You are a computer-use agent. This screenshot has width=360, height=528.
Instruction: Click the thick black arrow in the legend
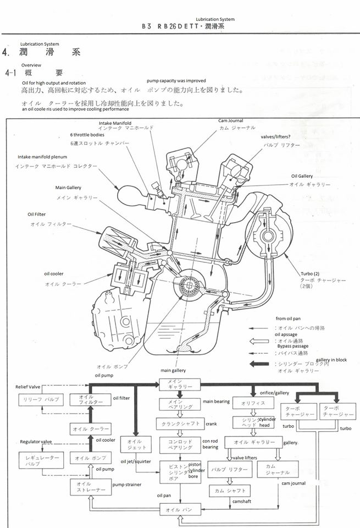pyautogui.click(x=262, y=364)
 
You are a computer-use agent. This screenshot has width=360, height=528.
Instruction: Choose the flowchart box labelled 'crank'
pyautogui.click(x=180, y=424)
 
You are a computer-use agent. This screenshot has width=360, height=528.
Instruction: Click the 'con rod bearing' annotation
pyautogui.click(x=210, y=443)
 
